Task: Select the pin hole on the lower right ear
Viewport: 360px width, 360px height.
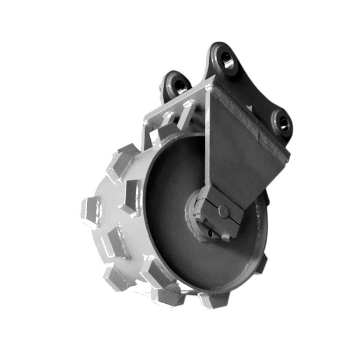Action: point(281,124)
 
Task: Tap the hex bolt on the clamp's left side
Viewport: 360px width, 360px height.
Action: point(200,217)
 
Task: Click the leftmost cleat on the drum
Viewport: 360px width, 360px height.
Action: point(91,211)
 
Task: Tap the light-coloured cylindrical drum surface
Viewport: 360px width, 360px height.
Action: point(112,242)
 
